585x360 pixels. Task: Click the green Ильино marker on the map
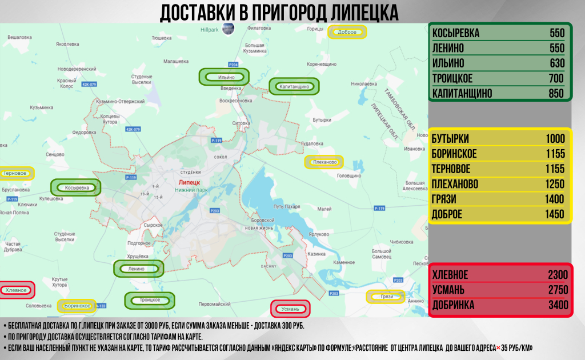pyautogui.click(x=224, y=77)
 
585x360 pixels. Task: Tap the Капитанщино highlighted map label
pyautogui.click(x=294, y=87)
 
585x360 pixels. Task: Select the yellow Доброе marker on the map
pyautogui.click(x=347, y=32)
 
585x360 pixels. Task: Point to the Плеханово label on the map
pyautogui.click(x=324, y=163)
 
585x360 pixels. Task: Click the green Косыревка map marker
pyautogui.click(x=75, y=187)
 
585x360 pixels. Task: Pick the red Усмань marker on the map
pyautogui.click(x=290, y=309)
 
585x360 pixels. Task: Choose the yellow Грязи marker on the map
pyautogui.click(x=385, y=297)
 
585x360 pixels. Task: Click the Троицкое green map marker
pyautogui.click(x=150, y=299)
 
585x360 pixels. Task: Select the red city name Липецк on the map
pyautogui.click(x=185, y=182)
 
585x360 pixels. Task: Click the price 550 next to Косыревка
pyautogui.click(x=556, y=33)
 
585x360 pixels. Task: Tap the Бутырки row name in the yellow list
pyautogui.click(x=451, y=139)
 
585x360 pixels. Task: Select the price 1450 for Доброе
pyautogui.click(x=554, y=214)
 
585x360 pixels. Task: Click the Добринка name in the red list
pyautogui.click(x=454, y=305)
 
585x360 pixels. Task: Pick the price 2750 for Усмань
pyautogui.click(x=556, y=290)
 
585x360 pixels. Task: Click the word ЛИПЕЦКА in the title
pyautogui.click(x=358, y=12)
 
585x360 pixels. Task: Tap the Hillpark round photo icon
pyautogui.click(x=227, y=29)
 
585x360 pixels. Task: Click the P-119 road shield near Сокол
pyautogui.click(x=216, y=141)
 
